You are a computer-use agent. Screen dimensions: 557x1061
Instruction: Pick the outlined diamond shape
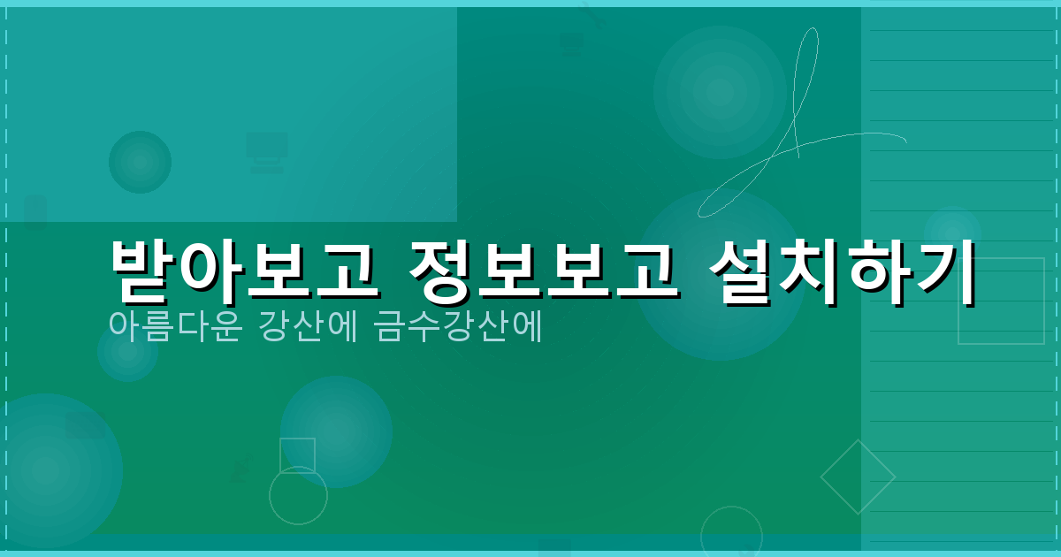click(858, 477)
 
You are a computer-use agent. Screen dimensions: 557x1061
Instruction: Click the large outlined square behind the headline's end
click(1001, 301)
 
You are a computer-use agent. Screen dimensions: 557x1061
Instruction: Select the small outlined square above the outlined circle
click(297, 455)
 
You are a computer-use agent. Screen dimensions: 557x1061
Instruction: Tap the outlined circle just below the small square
click(298, 495)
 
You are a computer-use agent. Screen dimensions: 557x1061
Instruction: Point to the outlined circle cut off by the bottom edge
click(731, 533)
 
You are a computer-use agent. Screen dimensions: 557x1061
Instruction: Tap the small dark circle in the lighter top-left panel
click(140, 162)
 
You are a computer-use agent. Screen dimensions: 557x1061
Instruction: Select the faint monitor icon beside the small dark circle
click(266, 151)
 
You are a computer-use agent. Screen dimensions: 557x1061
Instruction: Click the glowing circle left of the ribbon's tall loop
click(720, 92)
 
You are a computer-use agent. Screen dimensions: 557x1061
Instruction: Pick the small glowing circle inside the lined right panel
click(951, 232)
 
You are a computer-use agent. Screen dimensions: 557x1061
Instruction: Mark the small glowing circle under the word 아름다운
click(127, 352)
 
